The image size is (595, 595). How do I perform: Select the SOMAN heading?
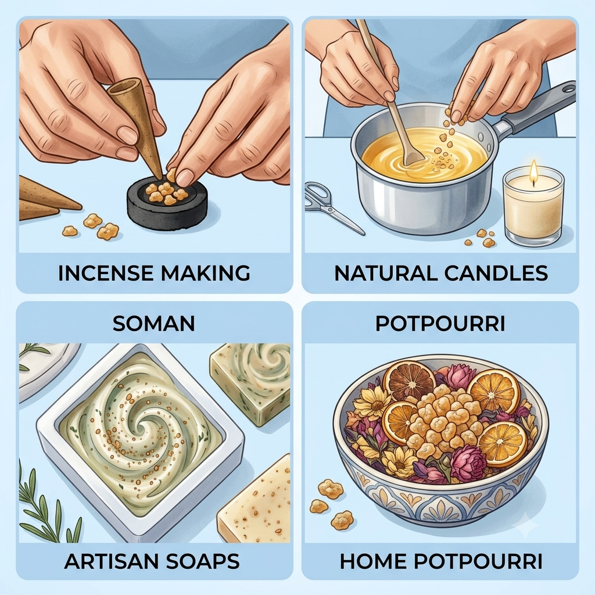click(x=154, y=323)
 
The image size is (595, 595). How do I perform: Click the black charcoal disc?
click(x=167, y=202)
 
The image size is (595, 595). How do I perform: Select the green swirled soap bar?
click(x=250, y=380)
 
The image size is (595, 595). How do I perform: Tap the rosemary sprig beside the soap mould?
click(x=42, y=501)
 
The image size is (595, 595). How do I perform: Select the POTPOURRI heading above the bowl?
click(x=440, y=323)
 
